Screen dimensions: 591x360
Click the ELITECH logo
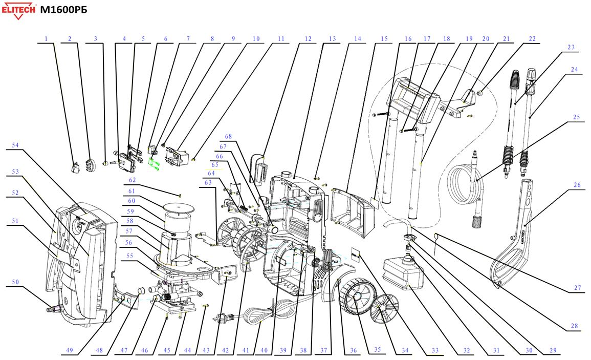[x=18, y=11]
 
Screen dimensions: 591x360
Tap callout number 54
[x=15, y=145]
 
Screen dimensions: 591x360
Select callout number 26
[x=577, y=185]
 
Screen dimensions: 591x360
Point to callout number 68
[x=228, y=136]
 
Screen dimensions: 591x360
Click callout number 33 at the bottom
[x=435, y=351]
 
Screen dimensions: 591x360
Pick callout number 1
[x=46, y=38]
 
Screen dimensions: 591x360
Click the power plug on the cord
[x=223, y=317]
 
